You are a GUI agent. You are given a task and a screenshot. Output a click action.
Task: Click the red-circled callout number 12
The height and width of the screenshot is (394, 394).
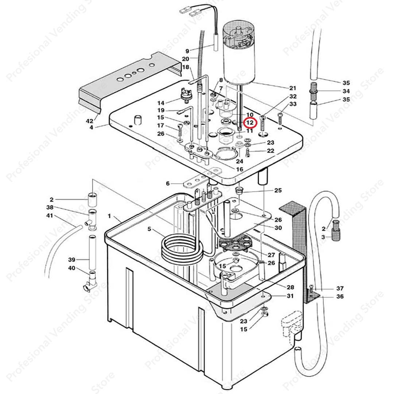250,123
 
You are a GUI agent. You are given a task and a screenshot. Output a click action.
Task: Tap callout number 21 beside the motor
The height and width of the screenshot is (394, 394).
293,88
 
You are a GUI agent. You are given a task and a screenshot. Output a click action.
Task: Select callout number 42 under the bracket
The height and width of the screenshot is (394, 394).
89,121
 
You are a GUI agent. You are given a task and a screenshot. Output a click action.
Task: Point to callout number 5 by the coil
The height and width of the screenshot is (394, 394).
149,229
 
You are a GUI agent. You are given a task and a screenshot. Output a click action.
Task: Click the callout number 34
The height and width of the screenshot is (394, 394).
346,91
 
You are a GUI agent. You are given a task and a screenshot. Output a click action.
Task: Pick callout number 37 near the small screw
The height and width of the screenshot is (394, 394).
340,288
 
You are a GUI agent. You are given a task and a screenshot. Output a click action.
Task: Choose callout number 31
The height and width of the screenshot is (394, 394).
290,296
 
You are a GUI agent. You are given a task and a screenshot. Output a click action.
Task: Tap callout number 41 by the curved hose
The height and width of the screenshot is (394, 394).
50,215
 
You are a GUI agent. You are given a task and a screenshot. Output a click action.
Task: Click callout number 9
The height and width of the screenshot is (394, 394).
187,51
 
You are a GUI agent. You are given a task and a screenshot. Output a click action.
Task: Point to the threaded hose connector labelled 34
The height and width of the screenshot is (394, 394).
313,91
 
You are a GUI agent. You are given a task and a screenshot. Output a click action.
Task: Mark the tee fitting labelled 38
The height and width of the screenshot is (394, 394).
92,220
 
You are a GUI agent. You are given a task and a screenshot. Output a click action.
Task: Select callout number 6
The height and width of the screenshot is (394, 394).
168,184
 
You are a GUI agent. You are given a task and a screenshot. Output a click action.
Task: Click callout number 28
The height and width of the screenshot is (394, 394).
290,287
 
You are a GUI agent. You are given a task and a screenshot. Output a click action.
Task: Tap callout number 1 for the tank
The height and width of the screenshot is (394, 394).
109,216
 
